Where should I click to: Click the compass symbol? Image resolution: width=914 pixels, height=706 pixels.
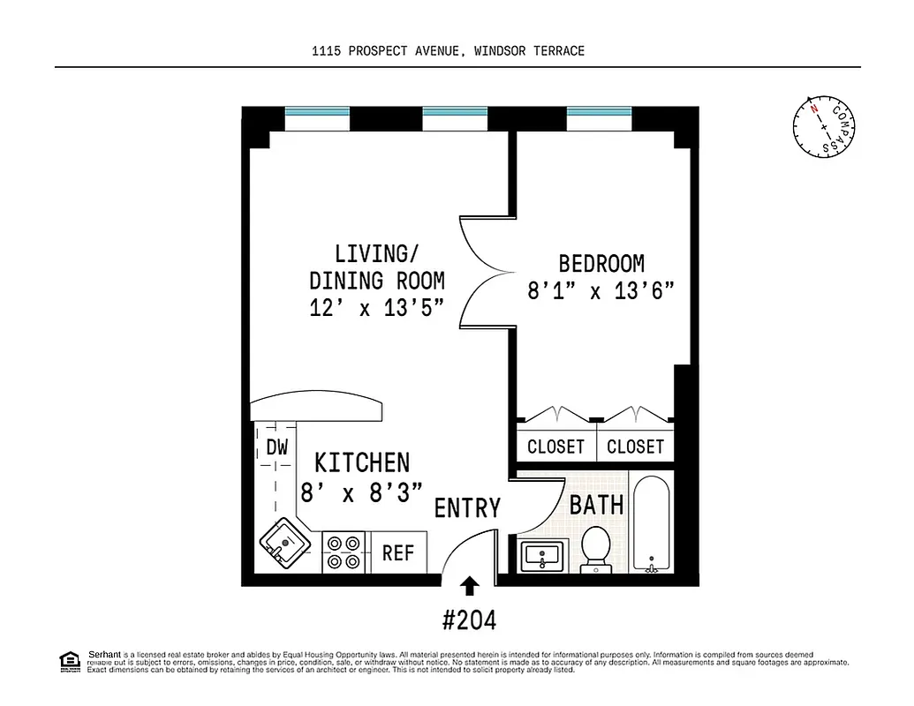pyautogui.click(x=823, y=126)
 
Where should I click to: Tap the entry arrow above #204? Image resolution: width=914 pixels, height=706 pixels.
pyautogui.click(x=470, y=585)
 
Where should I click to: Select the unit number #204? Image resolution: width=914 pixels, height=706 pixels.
pyautogui.click(x=469, y=620)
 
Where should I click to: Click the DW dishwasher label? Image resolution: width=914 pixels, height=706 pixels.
pyautogui.click(x=277, y=447)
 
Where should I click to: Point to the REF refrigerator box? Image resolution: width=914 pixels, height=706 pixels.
pyautogui.click(x=398, y=552)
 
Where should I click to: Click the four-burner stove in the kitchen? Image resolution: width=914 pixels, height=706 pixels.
pyautogui.click(x=344, y=552)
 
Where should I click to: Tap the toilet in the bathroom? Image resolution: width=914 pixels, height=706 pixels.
pyautogui.click(x=596, y=548)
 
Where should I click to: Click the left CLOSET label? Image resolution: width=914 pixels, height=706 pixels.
pyautogui.click(x=555, y=447)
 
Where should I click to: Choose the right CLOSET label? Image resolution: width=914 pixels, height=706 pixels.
pyautogui.click(x=635, y=447)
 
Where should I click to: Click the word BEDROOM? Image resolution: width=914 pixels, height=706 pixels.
pyautogui.click(x=601, y=263)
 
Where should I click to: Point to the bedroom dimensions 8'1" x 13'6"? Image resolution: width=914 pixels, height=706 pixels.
pyautogui.click(x=601, y=290)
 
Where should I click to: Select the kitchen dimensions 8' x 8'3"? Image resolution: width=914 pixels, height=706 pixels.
pyautogui.click(x=361, y=492)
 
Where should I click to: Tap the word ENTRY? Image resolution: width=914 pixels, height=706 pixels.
pyautogui.click(x=467, y=508)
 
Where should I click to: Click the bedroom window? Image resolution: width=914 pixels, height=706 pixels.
pyautogui.click(x=599, y=114)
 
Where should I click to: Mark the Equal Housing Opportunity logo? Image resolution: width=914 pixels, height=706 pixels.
pyautogui.click(x=68, y=661)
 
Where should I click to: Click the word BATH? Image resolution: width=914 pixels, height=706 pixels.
pyautogui.click(x=596, y=505)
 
